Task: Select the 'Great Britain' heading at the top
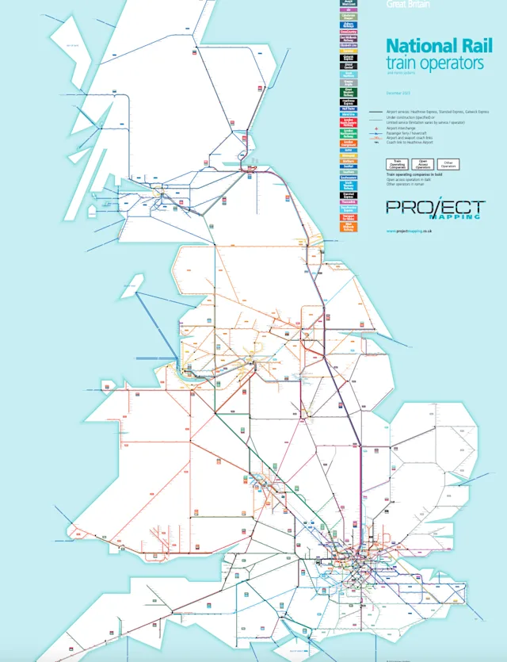tap(408, 4)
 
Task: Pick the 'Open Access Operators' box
tap(422, 164)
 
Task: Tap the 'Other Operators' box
tap(448, 164)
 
